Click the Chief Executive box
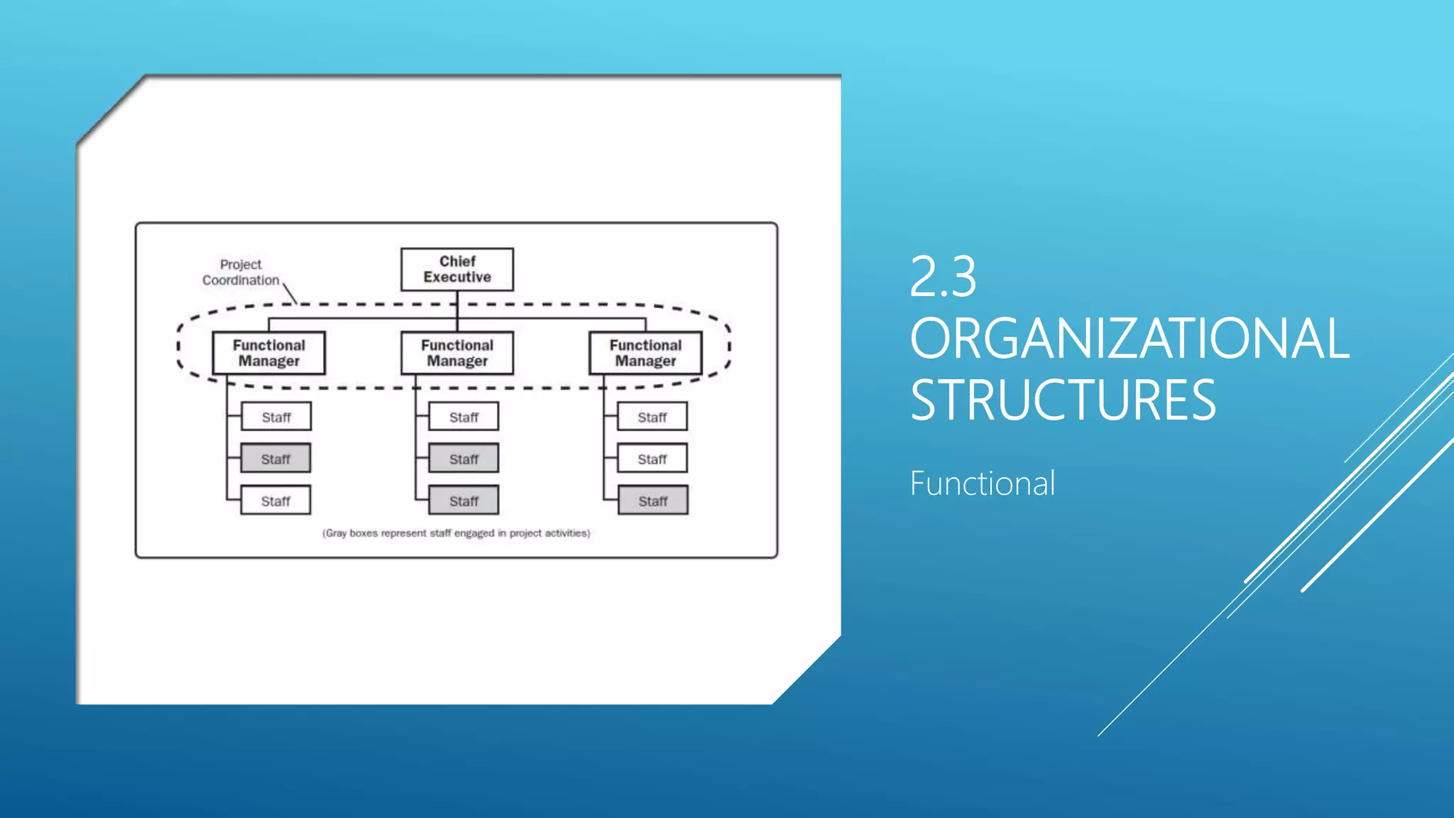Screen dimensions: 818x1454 click(x=457, y=269)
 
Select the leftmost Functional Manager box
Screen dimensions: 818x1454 click(x=269, y=353)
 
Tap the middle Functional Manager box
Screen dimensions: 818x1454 click(x=457, y=353)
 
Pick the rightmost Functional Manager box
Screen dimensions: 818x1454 click(x=645, y=353)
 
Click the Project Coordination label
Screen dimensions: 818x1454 click(x=241, y=273)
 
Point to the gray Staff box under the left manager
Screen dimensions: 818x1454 click(x=275, y=459)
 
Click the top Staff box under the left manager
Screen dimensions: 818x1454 click(x=276, y=417)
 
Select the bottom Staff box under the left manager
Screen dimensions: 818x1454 click(x=275, y=501)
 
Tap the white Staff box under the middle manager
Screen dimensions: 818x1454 click(x=464, y=417)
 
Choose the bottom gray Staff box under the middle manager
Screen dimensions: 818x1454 click(x=464, y=501)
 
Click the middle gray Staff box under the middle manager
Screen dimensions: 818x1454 click(x=464, y=459)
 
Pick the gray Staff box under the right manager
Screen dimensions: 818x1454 click(x=652, y=501)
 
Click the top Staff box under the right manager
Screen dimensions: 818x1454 click(x=652, y=417)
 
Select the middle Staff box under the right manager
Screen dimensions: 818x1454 click(x=652, y=459)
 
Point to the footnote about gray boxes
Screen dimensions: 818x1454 click(x=457, y=533)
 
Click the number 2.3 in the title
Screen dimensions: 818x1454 click(x=943, y=276)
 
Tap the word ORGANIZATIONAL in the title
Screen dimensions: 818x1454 click(x=1129, y=338)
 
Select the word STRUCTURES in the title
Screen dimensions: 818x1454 click(x=1063, y=400)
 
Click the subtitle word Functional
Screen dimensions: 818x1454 click(x=983, y=484)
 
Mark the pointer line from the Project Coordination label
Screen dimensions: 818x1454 click(x=290, y=293)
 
